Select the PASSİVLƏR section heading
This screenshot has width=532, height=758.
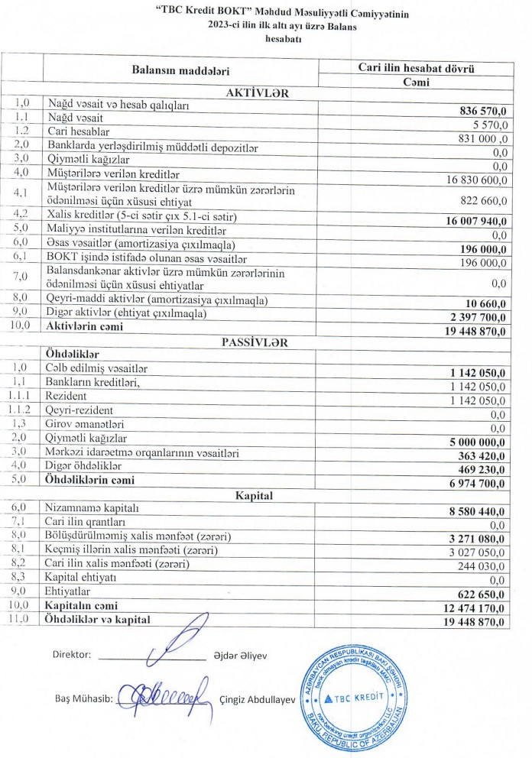point(255,342)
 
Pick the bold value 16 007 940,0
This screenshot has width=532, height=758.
point(470,221)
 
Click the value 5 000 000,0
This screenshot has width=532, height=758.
point(472,441)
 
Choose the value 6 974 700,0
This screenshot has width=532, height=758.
point(472,484)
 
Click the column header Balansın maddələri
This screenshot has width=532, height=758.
point(180,71)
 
